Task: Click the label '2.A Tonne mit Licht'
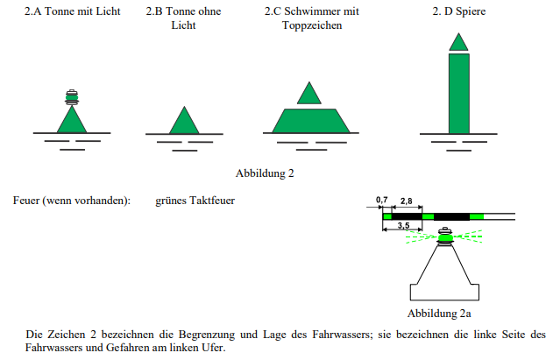[x=72, y=11]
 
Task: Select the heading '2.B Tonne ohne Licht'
[x=183, y=18]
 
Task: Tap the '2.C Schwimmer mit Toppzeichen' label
[x=312, y=18]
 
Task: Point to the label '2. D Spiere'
[x=459, y=11]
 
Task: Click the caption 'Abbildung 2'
[x=265, y=173]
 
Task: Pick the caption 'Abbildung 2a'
[x=439, y=313]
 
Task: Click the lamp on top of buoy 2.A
[x=72, y=97]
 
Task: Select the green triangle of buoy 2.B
[x=184, y=121]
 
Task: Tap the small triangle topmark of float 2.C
[x=309, y=94]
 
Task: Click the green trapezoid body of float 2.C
[x=311, y=121]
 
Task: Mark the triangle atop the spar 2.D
[x=458, y=42]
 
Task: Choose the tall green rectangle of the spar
[x=459, y=94]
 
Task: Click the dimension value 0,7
[x=381, y=200]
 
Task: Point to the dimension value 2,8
[x=407, y=201]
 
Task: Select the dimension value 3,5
[x=403, y=225]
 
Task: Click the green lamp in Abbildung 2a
[x=445, y=237]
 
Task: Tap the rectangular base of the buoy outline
[x=444, y=293]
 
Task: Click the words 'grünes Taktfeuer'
[x=195, y=201]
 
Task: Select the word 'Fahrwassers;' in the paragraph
[x=342, y=335]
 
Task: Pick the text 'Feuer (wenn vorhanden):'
[x=72, y=201]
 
